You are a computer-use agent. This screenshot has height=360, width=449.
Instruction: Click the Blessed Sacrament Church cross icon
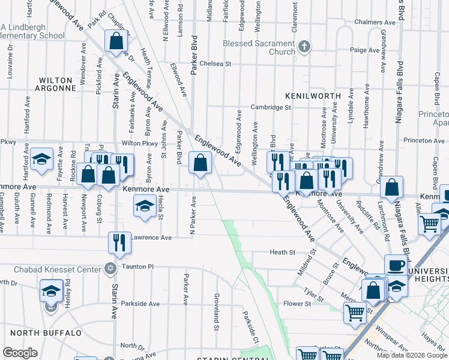[304, 47]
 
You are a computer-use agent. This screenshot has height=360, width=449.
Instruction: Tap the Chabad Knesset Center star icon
[110, 268]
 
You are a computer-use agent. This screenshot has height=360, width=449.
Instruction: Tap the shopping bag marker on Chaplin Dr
[116, 41]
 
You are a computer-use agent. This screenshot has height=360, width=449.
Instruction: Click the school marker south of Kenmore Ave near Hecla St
[143, 207]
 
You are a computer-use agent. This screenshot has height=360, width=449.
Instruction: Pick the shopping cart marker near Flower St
[355, 312]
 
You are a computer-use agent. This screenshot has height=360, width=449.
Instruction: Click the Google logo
[20, 353]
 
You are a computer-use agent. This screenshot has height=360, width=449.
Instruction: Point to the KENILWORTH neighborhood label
[313, 95]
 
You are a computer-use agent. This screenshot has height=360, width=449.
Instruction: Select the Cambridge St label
[271, 107]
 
